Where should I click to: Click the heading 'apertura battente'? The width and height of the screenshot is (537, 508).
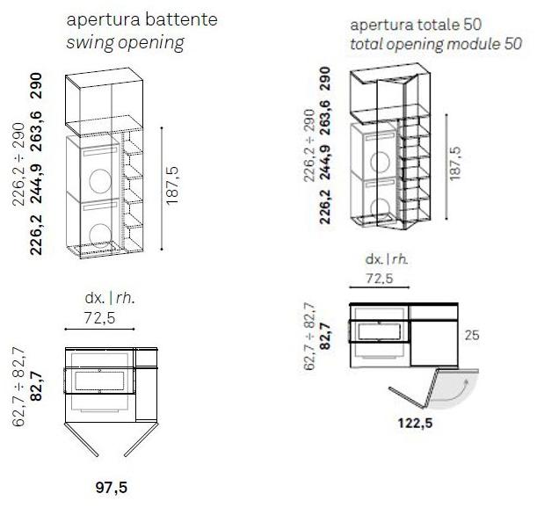tap(142, 20)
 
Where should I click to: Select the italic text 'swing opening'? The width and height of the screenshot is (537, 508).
tap(125, 43)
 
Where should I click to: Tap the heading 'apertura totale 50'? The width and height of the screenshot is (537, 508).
tap(416, 25)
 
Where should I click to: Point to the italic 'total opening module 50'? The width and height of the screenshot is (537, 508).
tap(436, 45)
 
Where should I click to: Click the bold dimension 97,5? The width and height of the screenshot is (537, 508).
tap(112, 488)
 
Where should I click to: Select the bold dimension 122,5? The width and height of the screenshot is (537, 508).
tap(415, 424)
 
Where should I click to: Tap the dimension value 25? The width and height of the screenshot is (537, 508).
tap(472, 335)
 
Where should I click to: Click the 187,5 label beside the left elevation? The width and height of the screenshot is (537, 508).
tap(172, 186)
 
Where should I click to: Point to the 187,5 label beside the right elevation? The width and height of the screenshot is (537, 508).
tap(455, 163)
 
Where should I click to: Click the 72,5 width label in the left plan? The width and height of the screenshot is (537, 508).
tap(99, 318)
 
